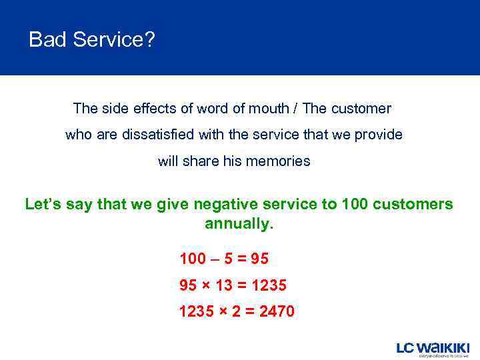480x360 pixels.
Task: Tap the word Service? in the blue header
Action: click(114, 40)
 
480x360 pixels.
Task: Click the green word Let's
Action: click(44, 205)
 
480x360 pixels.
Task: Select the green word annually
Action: click(239, 224)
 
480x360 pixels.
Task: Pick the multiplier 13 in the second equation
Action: click(223, 285)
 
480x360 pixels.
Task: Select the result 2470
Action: click(276, 311)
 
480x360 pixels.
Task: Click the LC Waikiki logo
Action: click(433, 349)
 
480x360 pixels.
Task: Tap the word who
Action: click(77, 135)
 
